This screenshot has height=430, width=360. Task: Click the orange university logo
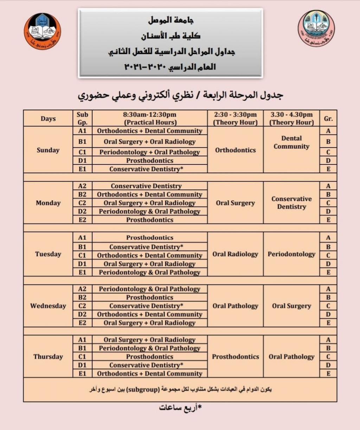tap(42, 32)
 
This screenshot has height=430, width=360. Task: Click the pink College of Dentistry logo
tap(316, 28)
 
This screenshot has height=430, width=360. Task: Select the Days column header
tap(48, 118)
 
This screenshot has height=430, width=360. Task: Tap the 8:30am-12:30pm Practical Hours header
tap(150, 118)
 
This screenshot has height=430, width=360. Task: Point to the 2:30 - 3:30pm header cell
tap(235, 118)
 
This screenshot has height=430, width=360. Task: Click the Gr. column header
tap(328, 118)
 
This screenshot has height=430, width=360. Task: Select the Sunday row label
tap(48, 150)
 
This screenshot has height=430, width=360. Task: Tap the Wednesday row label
tap(48, 306)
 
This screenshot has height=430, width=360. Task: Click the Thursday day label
tap(48, 357)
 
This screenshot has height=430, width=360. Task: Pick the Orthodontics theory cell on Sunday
tap(235, 150)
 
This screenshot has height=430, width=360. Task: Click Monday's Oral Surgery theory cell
tap(235, 203)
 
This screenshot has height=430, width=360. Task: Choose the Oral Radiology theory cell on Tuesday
tap(235, 254)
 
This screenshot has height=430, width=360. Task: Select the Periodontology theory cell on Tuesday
tap(291, 254)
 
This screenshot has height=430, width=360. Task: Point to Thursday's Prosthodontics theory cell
tap(235, 357)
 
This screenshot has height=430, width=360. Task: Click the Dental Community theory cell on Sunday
tap(291, 142)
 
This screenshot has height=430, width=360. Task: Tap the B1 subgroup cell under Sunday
tap(82, 142)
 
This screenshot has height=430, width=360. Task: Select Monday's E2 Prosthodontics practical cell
tap(150, 220)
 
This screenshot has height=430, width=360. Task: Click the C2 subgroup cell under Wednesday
tap(82, 306)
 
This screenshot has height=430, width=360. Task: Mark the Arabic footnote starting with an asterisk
tap(180, 408)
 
